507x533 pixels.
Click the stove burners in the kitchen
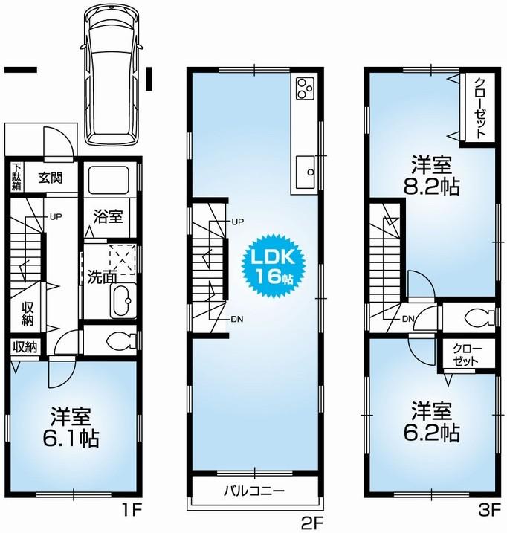click(306, 88)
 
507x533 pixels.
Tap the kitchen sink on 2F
click(305, 173)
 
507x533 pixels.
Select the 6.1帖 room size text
click(74, 439)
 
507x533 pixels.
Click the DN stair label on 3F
click(408, 319)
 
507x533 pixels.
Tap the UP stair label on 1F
click(55, 217)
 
